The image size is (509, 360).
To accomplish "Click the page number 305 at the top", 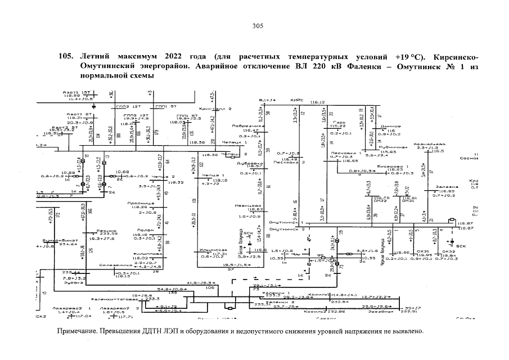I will coord(258,26).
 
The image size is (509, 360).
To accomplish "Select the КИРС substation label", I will coord(297,100).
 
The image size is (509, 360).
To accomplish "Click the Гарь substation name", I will coord(338,121).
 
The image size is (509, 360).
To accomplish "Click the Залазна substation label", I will coord(443,186).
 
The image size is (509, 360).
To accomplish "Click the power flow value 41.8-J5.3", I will coord(198,282).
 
